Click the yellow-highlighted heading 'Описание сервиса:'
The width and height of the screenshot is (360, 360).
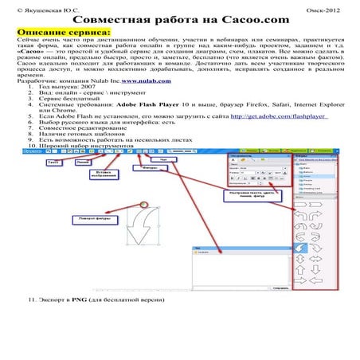pyautogui.click(x=49, y=30)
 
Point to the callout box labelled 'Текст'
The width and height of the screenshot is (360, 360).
pyautogui.click(x=54, y=184)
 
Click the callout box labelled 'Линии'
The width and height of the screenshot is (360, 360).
pyautogui.click(x=82, y=184)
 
